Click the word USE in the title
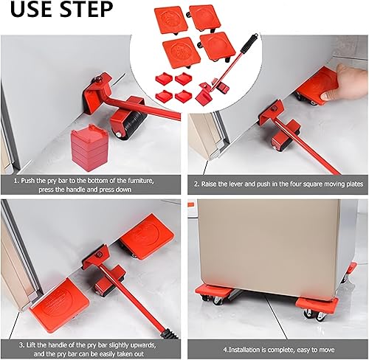(x=28, y=10)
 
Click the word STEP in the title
(x=86, y=10)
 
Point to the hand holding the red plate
(x=348, y=75)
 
